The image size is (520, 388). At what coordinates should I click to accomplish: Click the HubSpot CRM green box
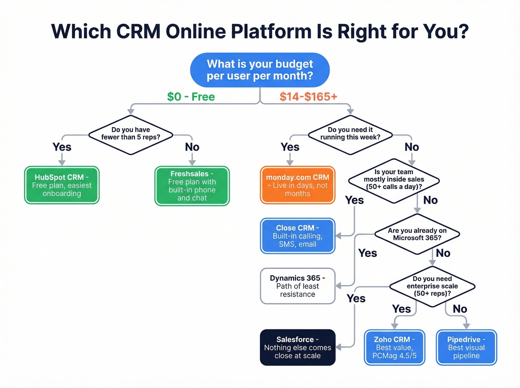[x=62, y=185]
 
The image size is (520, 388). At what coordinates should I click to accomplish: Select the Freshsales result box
[x=192, y=186]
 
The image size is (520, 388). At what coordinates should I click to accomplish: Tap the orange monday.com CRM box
[x=298, y=185]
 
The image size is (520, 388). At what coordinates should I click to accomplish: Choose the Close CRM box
[x=298, y=236]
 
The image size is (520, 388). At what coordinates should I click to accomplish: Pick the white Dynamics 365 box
[x=298, y=286]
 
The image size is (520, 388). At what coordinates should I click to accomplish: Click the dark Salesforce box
[x=298, y=348]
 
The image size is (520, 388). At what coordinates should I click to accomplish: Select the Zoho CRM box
[x=394, y=348]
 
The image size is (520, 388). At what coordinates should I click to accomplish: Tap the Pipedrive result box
[x=466, y=348]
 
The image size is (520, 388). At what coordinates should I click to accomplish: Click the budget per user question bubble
[x=260, y=70]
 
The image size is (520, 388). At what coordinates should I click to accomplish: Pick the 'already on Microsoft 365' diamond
[x=417, y=234]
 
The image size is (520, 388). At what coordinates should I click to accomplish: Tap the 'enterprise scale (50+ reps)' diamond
[x=432, y=286]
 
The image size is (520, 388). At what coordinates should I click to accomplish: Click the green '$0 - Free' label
[x=191, y=97]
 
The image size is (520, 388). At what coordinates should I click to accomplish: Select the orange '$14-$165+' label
[x=308, y=97]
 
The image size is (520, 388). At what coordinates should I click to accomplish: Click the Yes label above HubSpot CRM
[x=62, y=147]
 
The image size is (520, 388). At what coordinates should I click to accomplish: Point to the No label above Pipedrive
[x=460, y=309]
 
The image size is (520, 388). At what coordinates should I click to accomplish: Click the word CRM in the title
[x=138, y=32]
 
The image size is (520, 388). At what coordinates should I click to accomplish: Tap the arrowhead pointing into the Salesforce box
[x=338, y=347]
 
